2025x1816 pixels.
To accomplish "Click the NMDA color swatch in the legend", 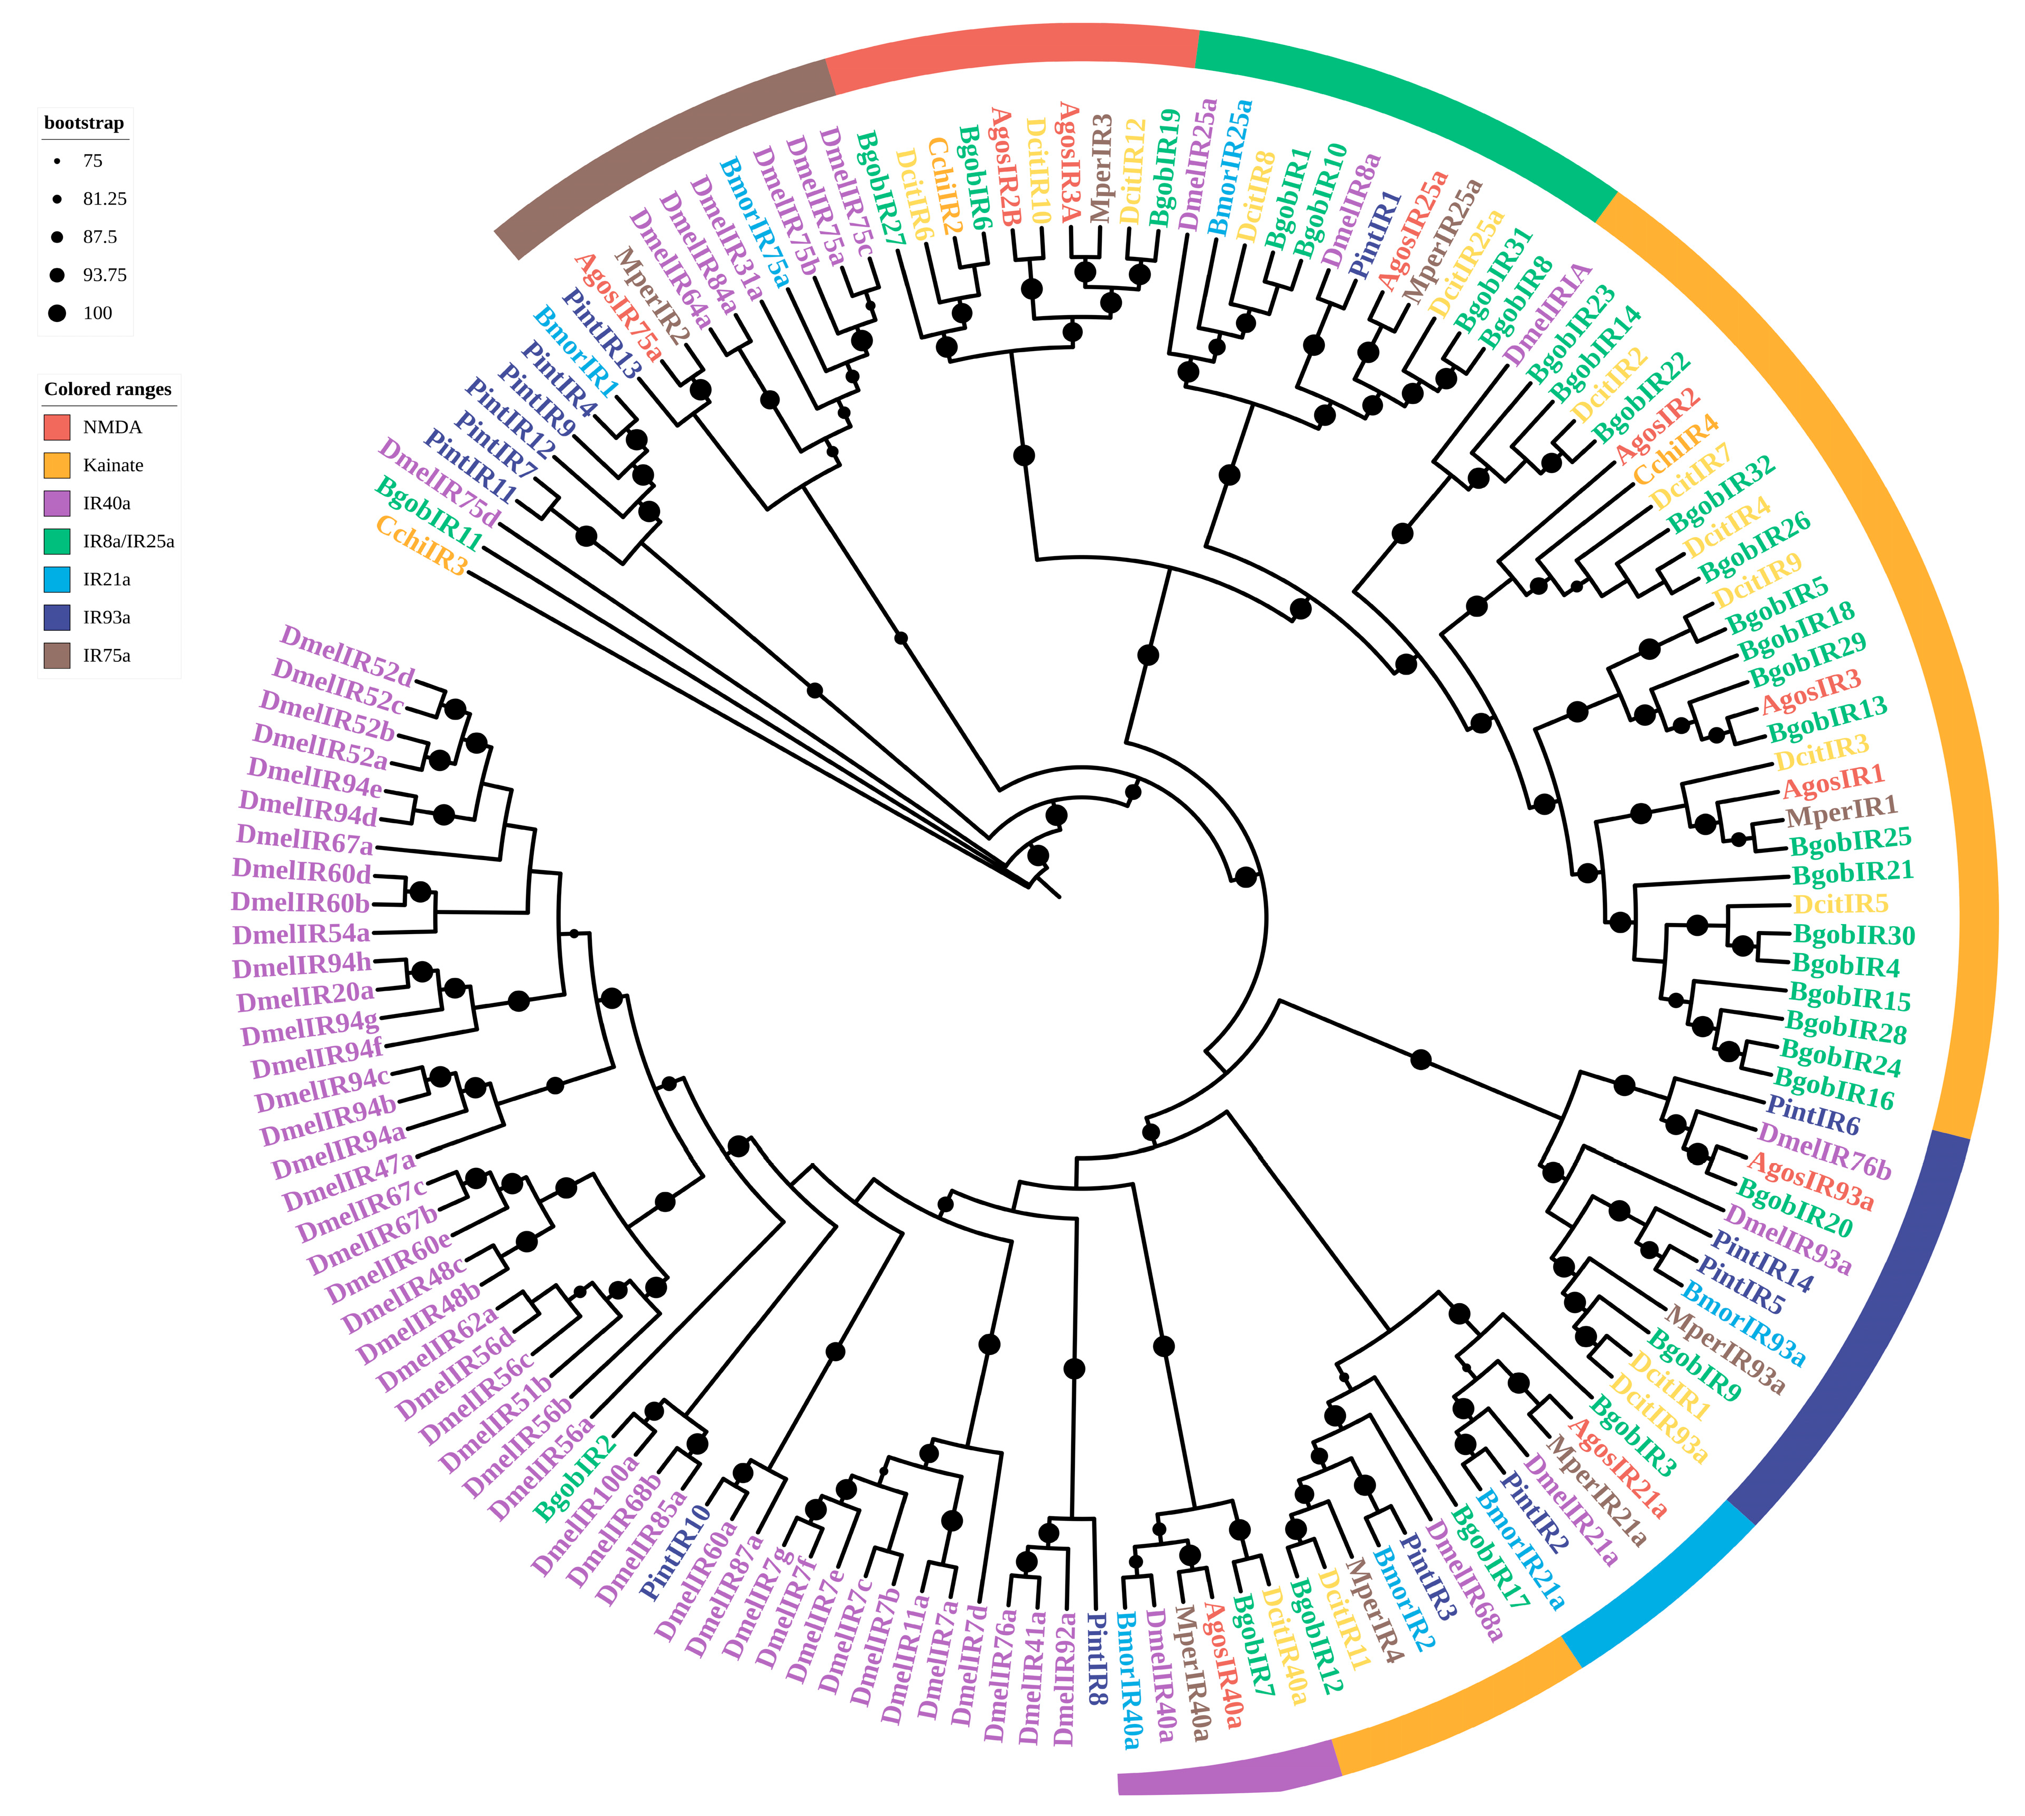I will [x=57, y=427].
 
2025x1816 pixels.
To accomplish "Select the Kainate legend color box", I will [x=57, y=465].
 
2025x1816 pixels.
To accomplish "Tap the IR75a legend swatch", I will [x=57, y=656].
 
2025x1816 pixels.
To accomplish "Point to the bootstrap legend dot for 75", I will [x=57, y=161].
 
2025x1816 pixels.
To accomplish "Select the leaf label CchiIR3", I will [x=421, y=545].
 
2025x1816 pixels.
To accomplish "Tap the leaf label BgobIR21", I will [x=1852, y=872].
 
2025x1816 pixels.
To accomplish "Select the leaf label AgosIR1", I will [x=1833, y=780].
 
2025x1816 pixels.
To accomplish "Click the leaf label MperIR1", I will [x=1841, y=811].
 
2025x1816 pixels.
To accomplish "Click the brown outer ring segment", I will [x=658, y=150].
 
